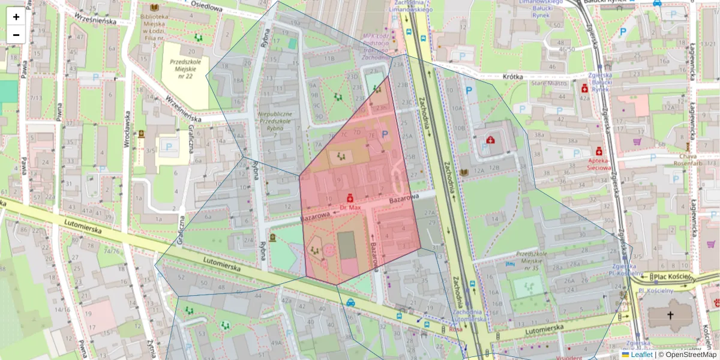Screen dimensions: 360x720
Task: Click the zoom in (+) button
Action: click(x=16, y=17)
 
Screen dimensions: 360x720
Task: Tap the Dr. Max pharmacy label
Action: click(x=350, y=208)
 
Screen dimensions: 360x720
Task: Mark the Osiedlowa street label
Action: click(x=208, y=7)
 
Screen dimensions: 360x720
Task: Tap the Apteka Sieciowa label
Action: click(x=611, y=164)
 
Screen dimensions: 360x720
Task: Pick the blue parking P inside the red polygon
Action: click(x=385, y=136)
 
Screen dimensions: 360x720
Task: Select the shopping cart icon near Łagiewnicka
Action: click(x=637, y=142)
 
